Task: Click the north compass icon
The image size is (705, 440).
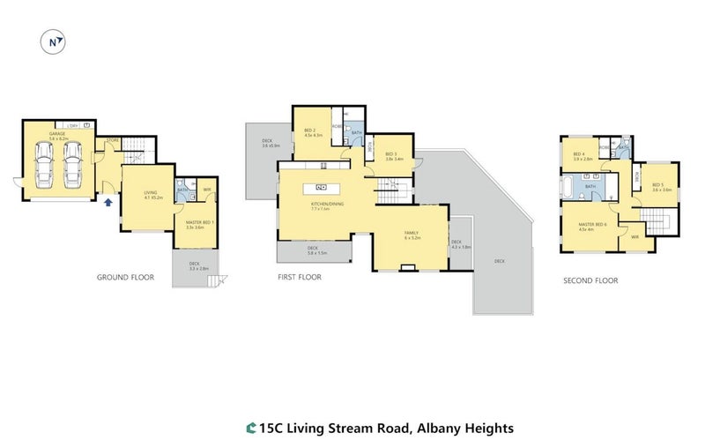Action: point(54,41)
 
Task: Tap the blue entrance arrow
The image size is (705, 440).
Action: point(108,203)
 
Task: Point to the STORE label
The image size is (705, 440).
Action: point(112,140)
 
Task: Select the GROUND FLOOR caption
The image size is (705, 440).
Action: point(125,277)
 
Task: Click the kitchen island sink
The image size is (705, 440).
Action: point(321,186)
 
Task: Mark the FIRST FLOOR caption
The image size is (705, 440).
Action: point(299,277)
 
